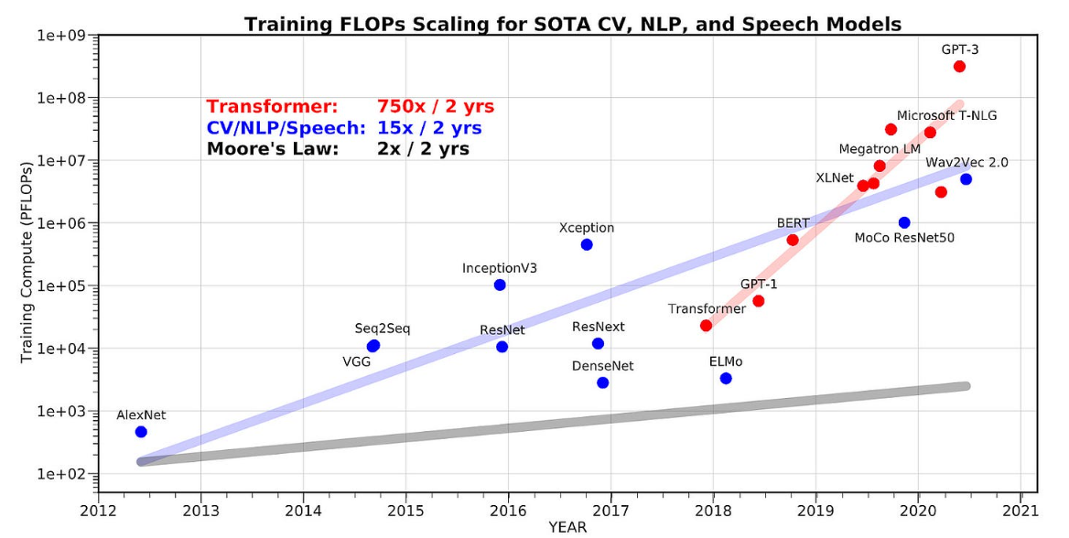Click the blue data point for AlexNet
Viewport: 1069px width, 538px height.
point(141,432)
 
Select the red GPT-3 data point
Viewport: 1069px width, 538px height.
point(959,67)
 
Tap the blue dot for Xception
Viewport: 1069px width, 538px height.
point(587,244)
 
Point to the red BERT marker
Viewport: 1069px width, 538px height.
point(793,240)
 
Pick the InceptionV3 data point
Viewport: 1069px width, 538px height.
point(500,285)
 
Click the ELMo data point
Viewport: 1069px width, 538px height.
point(726,378)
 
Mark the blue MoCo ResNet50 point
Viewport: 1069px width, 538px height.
point(904,222)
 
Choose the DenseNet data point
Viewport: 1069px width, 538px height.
point(602,382)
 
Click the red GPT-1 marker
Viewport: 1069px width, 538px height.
point(758,301)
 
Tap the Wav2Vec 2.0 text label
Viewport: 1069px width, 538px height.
point(966,162)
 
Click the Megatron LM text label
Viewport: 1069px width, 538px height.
point(880,148)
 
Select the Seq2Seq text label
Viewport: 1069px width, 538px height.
point(383,328)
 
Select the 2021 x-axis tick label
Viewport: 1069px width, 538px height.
point(1020,509)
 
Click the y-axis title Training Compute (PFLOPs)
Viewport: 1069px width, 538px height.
point(27,261)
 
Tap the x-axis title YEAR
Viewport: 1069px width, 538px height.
point(567,527)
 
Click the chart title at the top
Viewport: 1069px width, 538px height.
point(572,24)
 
